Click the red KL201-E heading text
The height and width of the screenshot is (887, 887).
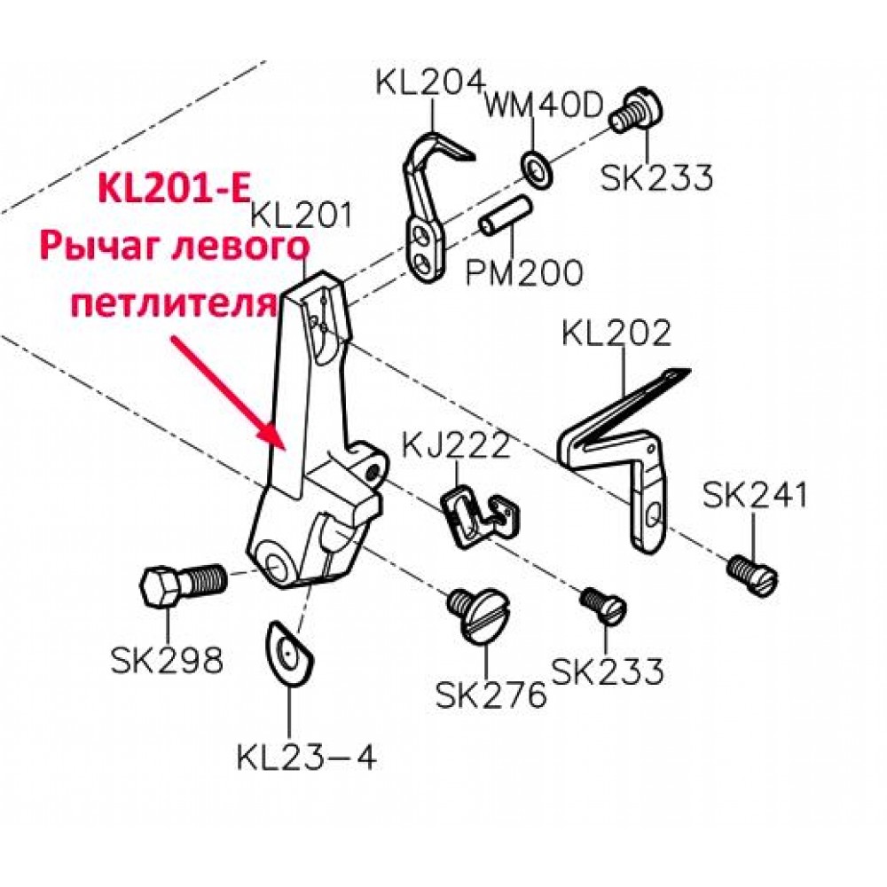[174, 189]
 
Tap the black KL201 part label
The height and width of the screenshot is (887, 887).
[301, 216]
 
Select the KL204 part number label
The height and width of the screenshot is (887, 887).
[431, 82]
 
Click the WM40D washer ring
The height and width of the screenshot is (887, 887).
[535, 168]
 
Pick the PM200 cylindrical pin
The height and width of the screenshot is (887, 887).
[506, 215]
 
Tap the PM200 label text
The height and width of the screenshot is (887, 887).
[524, 272]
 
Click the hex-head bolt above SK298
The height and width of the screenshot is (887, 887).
[183, 585]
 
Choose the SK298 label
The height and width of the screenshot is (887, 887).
[167, 660]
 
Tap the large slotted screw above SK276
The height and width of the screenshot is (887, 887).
[479, 614]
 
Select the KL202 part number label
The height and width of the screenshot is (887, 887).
[616, 333]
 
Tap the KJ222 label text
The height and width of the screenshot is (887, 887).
[456, 445]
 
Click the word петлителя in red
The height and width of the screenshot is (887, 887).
[175, 303]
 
